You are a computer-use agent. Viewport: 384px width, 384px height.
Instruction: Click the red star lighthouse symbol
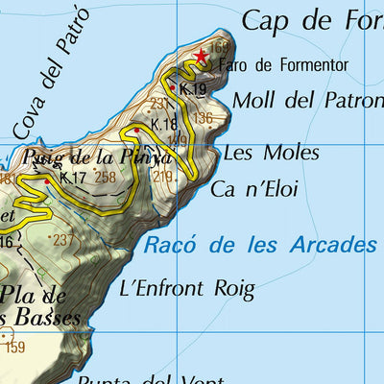[x=201, y=58]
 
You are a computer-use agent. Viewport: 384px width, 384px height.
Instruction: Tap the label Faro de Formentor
[x=283, y=65]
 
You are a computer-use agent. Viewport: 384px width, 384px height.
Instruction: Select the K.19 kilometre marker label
[x=193, y=89]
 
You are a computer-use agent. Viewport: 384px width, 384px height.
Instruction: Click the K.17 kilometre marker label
[x=73, y=177]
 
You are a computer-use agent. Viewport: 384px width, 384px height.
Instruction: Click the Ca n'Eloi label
[x=254, y=189]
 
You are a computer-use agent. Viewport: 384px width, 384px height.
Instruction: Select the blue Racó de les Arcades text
[x=259, y=246]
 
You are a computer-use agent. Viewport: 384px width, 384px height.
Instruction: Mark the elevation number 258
[x=106, y=177]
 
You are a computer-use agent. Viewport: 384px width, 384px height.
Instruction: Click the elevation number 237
[x=63, y=240]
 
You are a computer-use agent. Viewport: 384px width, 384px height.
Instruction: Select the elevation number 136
[x=203, y=118]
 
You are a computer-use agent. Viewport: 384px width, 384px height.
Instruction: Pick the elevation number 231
[x=159, y=104]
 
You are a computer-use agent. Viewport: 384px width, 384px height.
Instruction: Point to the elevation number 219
[x=162, y=176]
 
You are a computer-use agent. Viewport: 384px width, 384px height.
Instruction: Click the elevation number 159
[x=14, y=348]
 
